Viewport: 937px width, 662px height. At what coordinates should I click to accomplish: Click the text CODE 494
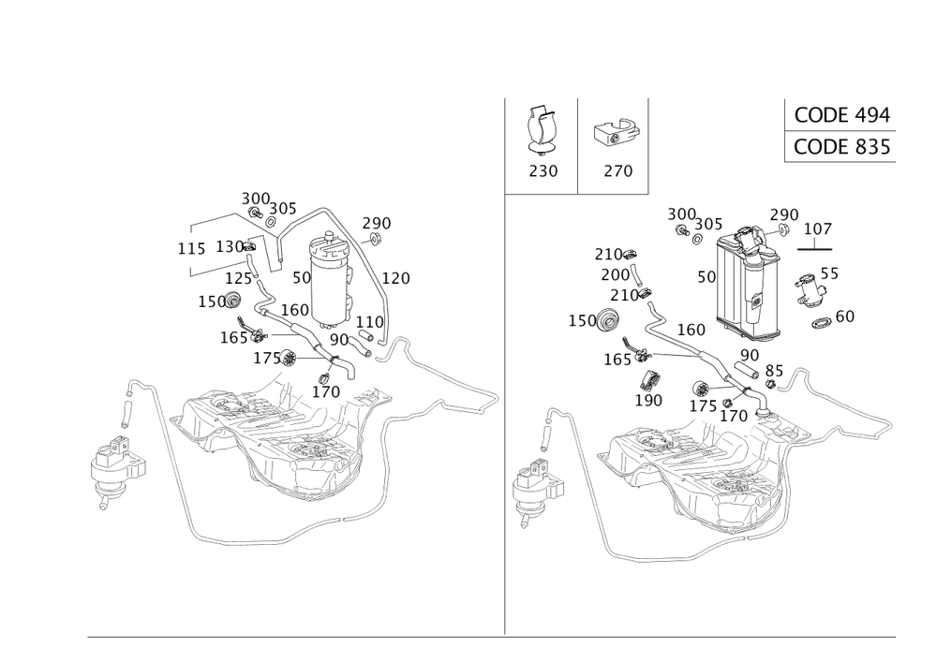(x=840, y=115)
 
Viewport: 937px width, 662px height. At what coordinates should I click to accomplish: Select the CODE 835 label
(x=840, y=148)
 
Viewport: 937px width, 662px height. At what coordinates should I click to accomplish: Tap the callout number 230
(x=543, y=171)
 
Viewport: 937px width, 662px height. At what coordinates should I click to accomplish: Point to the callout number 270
(x=615, y=171)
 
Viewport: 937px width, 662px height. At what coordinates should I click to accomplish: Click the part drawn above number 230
(x=543, y=129)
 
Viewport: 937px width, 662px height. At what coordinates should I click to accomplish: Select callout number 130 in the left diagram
(x=230, y=247)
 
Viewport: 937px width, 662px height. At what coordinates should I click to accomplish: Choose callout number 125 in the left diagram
(x=236, y=278)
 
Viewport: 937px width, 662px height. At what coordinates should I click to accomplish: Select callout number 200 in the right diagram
(x=615, y=274)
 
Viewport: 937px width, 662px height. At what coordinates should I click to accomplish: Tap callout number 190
(x=647, y=400)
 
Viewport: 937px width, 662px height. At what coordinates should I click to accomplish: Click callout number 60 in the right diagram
(x=843, y=316)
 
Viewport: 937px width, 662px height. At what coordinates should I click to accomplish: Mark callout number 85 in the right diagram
(x=772, y=370)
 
